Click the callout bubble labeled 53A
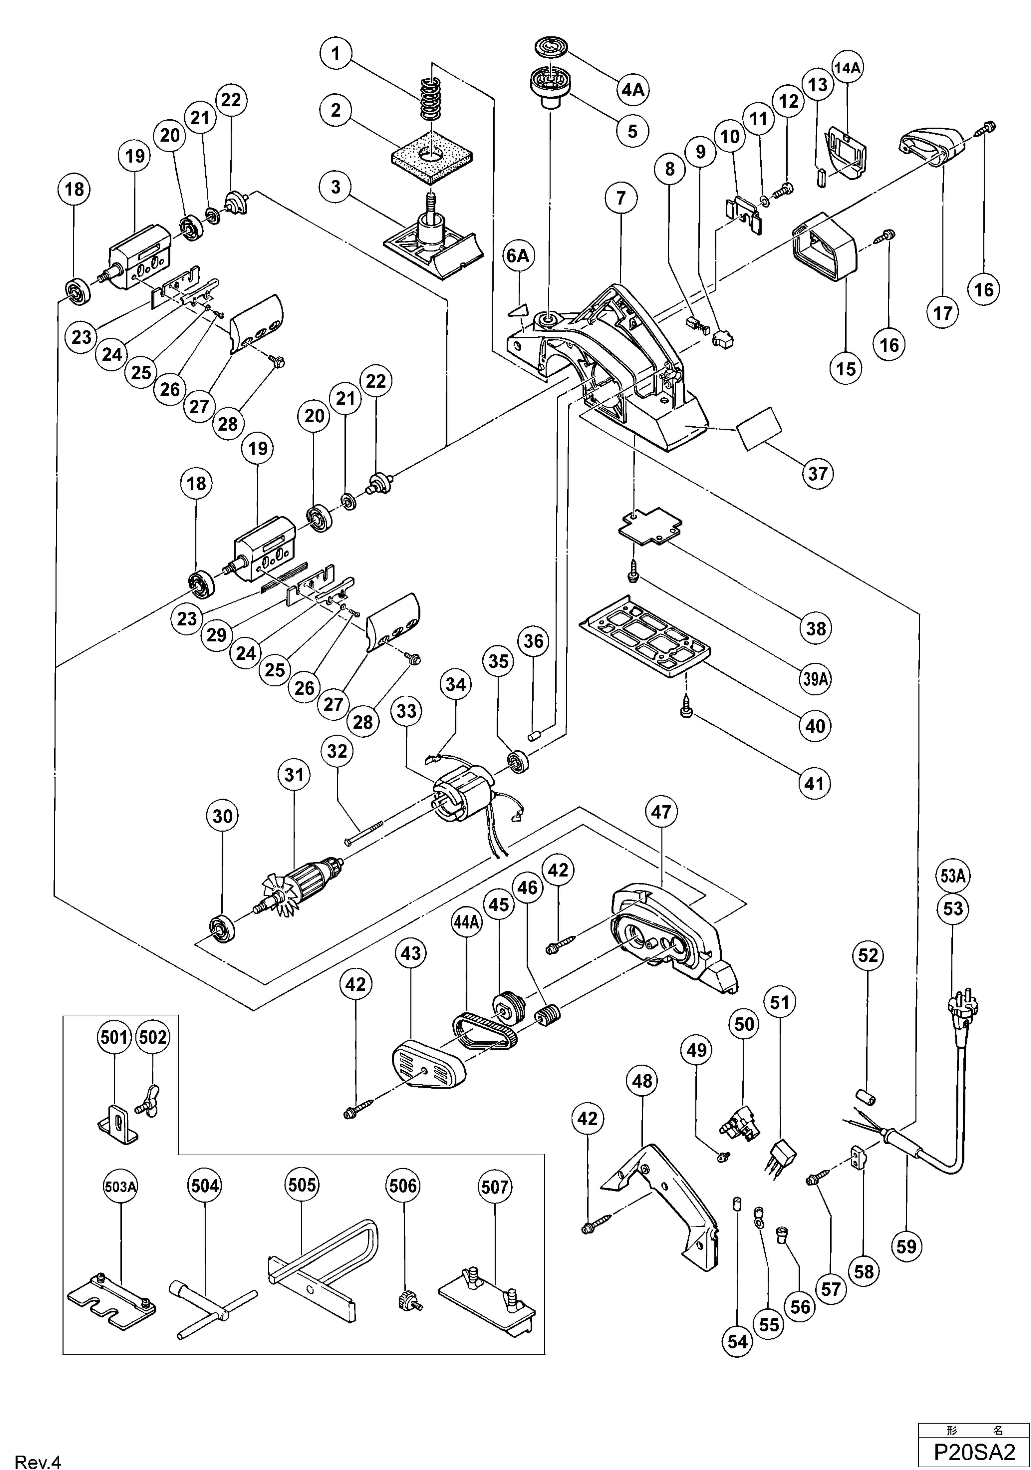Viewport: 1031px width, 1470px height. (953, 875)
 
